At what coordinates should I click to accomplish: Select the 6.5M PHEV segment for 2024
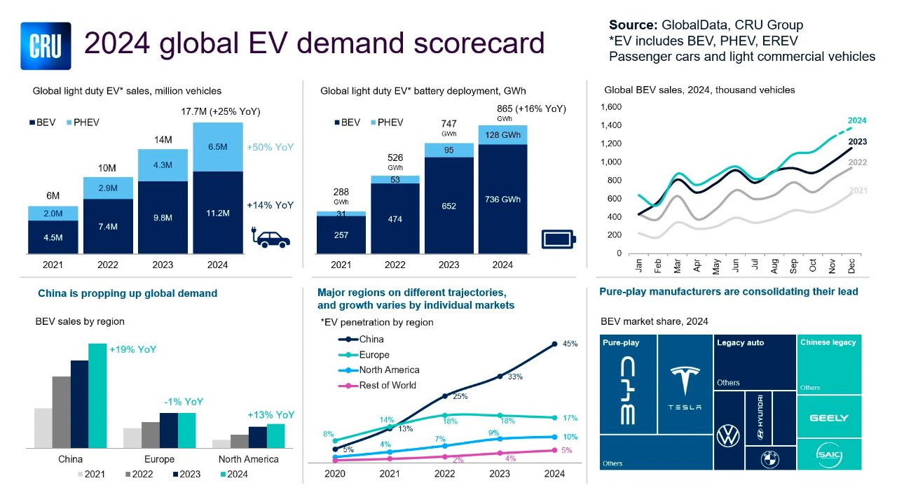(217, 147)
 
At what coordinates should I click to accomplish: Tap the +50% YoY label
(270, 148)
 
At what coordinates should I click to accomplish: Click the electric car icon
(271, 237)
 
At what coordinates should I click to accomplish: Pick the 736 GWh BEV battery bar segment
(502, 199)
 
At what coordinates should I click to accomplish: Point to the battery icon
(559, 239)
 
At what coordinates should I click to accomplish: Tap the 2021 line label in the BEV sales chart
(857, 190)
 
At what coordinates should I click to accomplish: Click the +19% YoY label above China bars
(132, 350)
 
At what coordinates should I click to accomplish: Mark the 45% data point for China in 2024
(554, 344)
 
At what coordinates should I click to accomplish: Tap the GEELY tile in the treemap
(829, 418)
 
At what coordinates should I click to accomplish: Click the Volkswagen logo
(728, 436)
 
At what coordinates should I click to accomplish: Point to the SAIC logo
(829, 456)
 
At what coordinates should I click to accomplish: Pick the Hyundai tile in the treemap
(761, 419)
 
